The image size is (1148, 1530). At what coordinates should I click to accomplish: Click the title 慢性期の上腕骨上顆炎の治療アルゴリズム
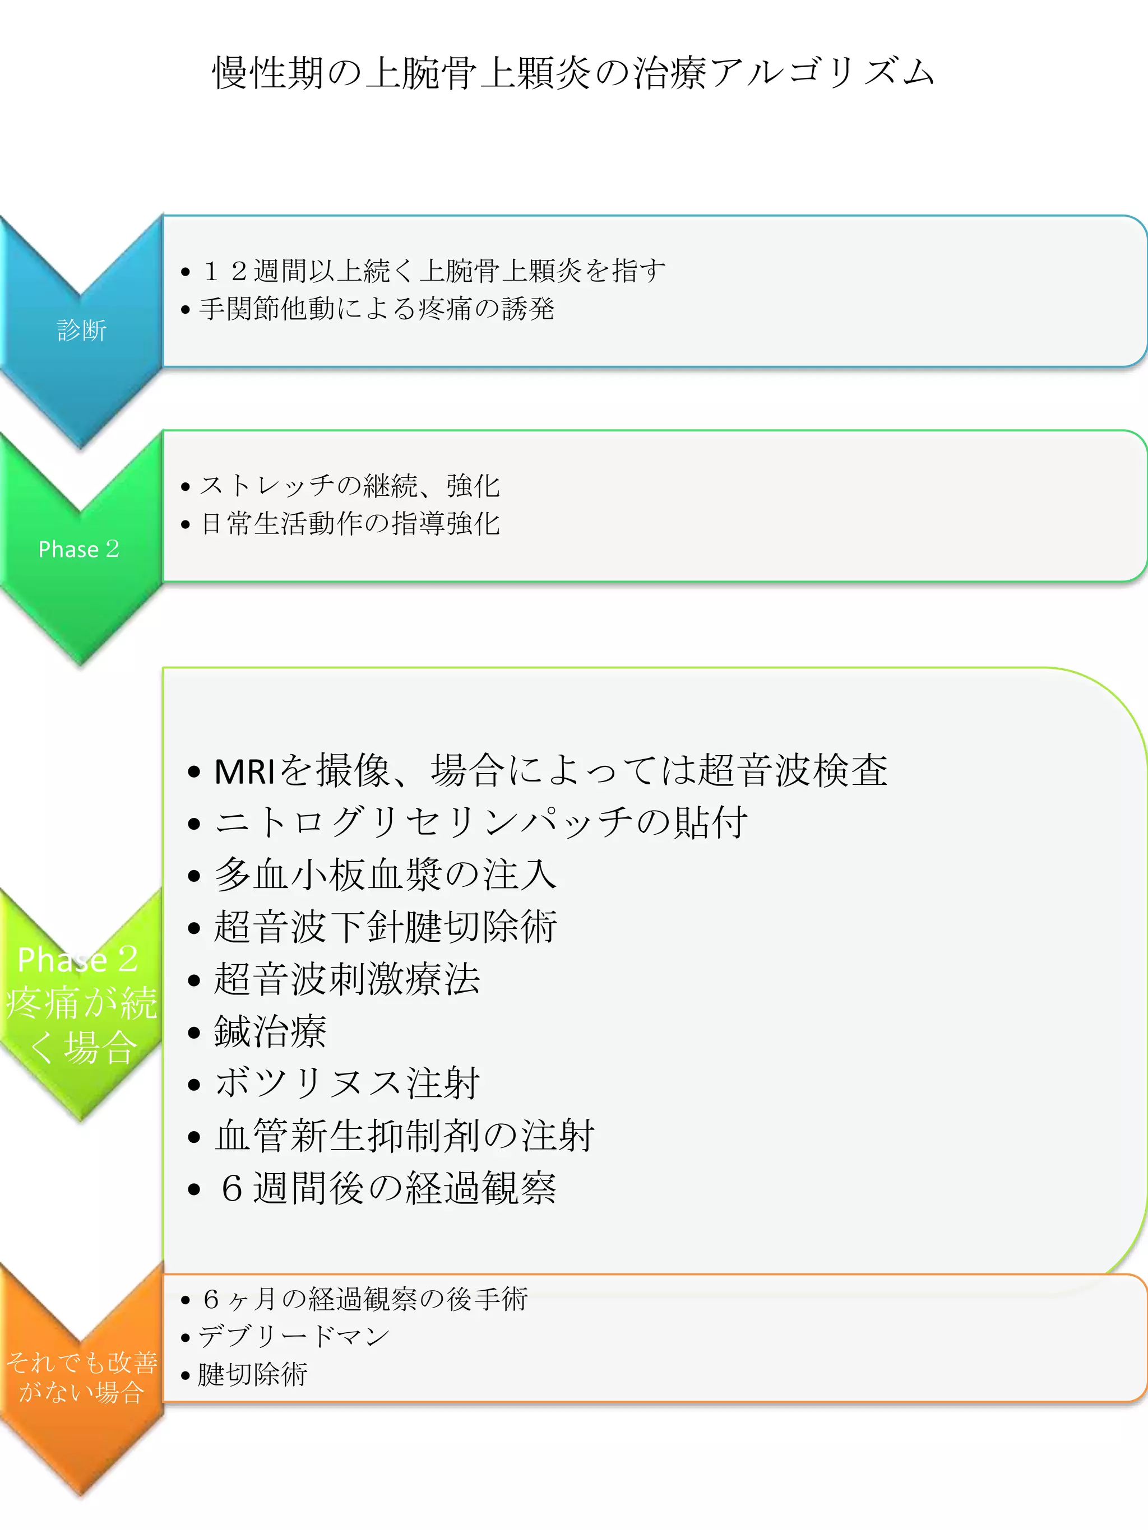point(573,73)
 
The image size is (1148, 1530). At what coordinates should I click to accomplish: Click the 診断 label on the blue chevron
point(82,330)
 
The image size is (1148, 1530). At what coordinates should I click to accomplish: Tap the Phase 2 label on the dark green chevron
point(79,549)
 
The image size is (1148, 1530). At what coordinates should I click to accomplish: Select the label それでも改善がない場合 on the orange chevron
point(82,1376)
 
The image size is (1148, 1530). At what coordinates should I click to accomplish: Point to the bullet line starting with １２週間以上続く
point(433,271)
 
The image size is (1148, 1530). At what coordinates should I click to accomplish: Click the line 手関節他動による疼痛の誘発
point(377,309)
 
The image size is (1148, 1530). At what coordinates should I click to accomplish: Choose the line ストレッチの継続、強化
point(349,486)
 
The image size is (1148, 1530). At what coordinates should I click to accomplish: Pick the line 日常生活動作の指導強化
point(349,524)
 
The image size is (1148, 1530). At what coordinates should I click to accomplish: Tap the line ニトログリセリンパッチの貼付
point(481,823)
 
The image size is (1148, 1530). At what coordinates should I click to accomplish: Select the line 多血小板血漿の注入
point(385,875)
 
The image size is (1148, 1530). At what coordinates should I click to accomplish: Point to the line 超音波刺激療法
point(346,979)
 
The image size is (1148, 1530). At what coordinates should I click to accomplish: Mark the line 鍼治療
point(270,1031)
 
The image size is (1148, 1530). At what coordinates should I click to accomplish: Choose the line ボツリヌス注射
point(346,1083)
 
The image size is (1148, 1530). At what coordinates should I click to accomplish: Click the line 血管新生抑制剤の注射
point(404,1136)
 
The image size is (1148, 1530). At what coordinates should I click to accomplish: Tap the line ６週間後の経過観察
point(387,1188)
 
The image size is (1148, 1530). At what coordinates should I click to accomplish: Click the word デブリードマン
point(294,1336)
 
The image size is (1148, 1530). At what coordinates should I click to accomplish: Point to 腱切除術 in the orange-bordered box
point(253,1374)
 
